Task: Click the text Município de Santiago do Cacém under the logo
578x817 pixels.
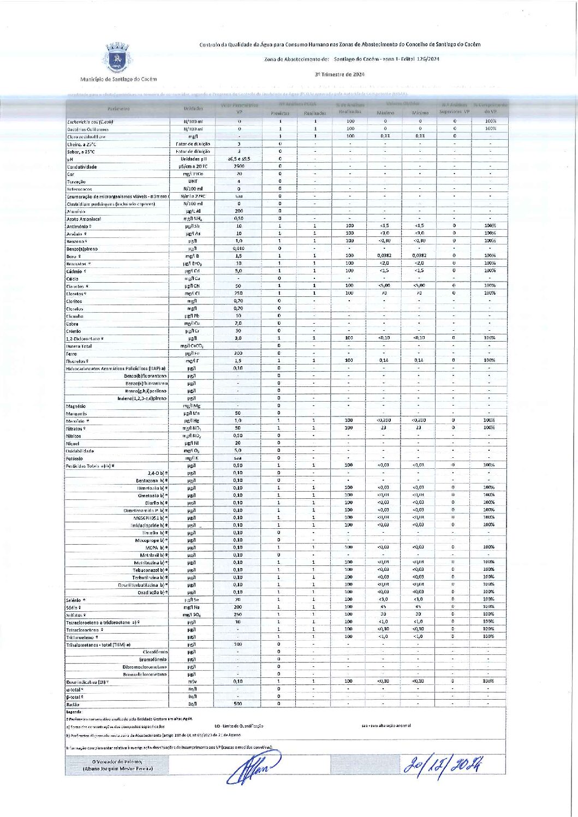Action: (118, 79)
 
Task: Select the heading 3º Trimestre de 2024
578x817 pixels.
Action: (339, 74)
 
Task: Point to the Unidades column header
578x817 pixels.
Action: (193, 109)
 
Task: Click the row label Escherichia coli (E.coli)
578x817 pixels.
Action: (90, 122)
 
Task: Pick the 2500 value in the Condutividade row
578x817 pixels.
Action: (239, 166)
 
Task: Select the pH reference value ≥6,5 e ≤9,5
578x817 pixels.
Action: (239, 159)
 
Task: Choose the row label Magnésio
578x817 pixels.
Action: (76, 406)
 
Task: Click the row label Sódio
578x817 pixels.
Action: (74, 607)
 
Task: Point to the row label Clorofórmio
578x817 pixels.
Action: (154, 652)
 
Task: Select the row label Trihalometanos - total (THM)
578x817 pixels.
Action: (98, 645)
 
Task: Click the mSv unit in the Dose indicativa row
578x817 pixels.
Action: (192, 682)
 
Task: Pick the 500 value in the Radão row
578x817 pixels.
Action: (238, 704)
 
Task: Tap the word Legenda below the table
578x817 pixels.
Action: (74, 712)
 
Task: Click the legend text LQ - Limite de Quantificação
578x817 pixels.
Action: (239, 726)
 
